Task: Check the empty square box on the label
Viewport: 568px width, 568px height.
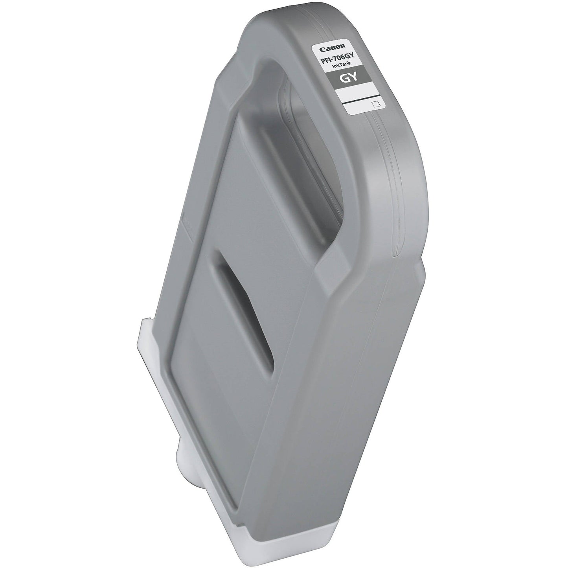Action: tap(375, 103)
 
